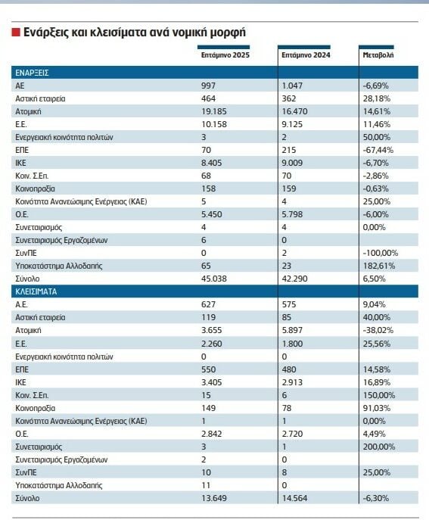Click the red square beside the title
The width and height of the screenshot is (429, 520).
pyautogui.click(x=16, y=32)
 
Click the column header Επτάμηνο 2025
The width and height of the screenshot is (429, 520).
pyautogui.click(x=225, y=55)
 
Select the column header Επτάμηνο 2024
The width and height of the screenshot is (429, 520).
pyautogui.click(x=306, y=55)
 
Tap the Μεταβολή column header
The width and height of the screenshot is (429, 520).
pyautogui.click(x=378, y=55)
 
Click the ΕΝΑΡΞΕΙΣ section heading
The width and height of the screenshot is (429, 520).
pyautogui.click(x=32, y=73)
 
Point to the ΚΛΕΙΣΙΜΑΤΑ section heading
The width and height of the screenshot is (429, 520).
pyautogui.click(x=36, y=291)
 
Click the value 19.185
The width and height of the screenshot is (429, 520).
pyautogui.click(x=214, y=111)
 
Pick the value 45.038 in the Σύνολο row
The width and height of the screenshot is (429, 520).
pyautogui.click(x=214, y=279)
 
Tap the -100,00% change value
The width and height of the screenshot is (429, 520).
pyautogui.click(x=381, y=253)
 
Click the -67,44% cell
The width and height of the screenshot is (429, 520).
pyautogui.click(x=378, y=150)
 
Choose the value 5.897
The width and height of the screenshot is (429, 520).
pyautogui.click(x=292, y=330)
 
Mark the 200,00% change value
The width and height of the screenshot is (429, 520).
pyautogui.click(x=379, y=447)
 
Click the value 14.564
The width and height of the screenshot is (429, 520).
pyautogui.click(x=294, y=498)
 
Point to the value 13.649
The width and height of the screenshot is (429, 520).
pyautogui.click(x=214, y=498)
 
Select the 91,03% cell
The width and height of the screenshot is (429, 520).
pyautogui.click(x=377, y=408)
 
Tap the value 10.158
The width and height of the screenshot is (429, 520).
pyautogui.click(x=214, y=124)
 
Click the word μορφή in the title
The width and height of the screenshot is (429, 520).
pyautogui.click(x=228, y=33)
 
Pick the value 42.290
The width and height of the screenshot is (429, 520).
pyautogui.click(x=294, y=279)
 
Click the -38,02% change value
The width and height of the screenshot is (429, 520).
pyautogui.click(x=378, y=330)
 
